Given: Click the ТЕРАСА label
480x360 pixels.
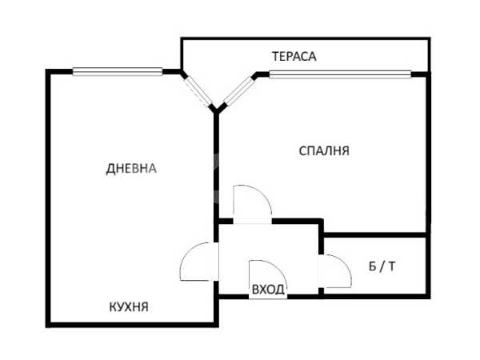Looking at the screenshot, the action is click(x=294, y=56).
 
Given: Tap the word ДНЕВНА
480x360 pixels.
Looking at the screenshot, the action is click(x=131, y=169).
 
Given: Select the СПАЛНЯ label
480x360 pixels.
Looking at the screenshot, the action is click(x=324, y=151).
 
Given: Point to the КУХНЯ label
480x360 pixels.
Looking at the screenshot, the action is click(x=129, y=306).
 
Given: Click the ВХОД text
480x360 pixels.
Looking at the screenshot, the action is click(x=268, y=289).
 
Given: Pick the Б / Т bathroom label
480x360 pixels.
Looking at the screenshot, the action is click(x=382, y=266).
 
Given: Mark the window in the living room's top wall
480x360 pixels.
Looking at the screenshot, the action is click(x=118, y=72).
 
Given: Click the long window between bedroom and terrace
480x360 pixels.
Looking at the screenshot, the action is click(x=340, y=74).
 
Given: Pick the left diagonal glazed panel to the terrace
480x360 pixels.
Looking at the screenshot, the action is click(x=198, y=91).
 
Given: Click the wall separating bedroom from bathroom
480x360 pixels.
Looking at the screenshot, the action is click(x=375, y=234).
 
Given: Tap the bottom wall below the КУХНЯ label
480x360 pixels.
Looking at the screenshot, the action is click(x=132, y=325).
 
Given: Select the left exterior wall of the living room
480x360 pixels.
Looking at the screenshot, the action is click(x=48, y=198).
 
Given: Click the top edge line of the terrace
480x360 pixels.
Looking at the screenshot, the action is click(x=306, y=38).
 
